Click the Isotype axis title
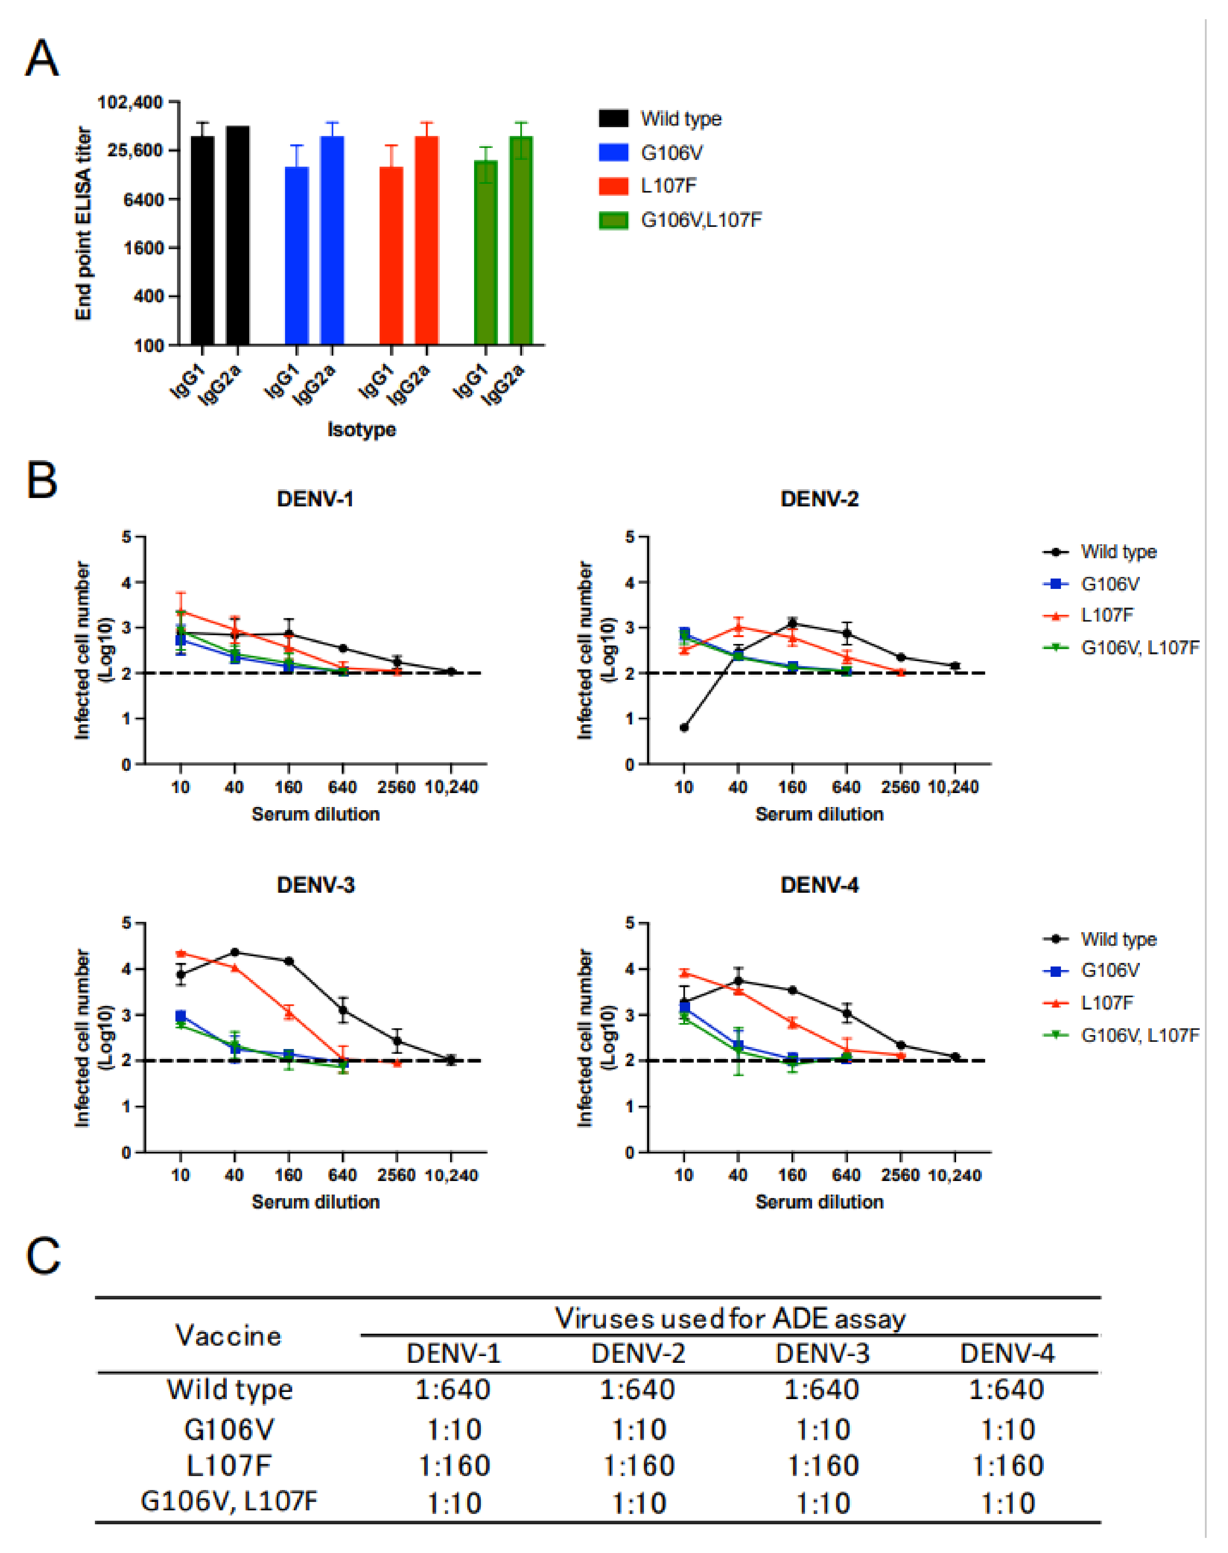(362, 429)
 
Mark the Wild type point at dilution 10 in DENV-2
(684, 728)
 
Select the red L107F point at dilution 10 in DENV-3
(181, 953)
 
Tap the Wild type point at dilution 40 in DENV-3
(234, 952)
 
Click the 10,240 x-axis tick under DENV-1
(451, 787)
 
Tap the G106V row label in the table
(228, 1429)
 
